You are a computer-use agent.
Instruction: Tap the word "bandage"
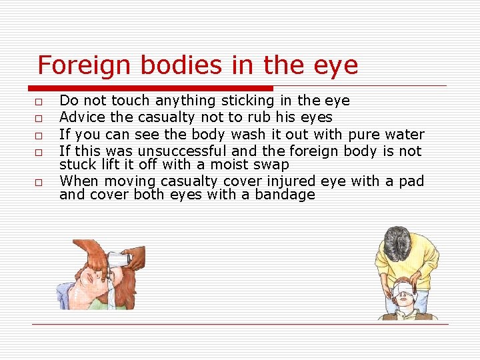(x=285, y=195)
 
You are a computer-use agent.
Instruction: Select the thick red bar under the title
(x=151, y=88)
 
